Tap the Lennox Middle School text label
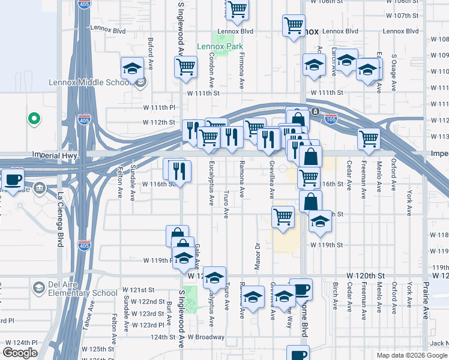pyautogui.click(x=90, y=82)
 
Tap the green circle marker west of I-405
pyautogui.click(x=34, y=118)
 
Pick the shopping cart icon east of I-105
pyautogui.click(x=369, y=139)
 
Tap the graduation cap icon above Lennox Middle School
pyautogui.click(x=131, y=68)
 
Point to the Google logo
pyautogui.click(x=20, y=353)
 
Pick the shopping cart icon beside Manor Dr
pyautogui.click(x=282, y=217)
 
